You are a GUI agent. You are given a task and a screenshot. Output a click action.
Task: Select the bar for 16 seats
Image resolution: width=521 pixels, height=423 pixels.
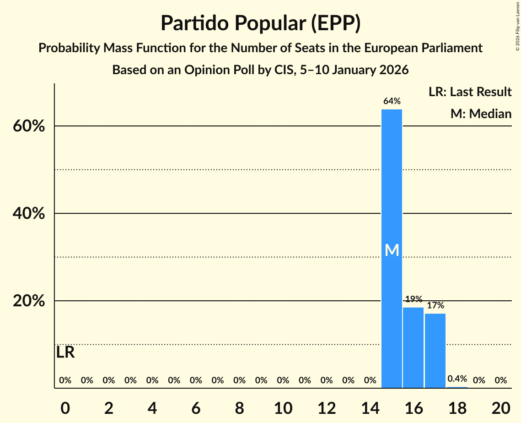pos(413,348)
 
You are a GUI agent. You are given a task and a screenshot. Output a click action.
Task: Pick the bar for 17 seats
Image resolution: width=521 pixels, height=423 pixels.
pos(435,351)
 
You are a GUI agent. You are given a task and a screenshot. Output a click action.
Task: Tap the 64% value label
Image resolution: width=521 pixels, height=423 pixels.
pos(392,101)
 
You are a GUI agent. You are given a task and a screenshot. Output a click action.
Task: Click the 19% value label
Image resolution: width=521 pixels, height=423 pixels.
pos(413,299)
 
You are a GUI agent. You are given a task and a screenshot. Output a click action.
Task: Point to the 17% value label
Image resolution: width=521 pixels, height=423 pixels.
pos(435,305)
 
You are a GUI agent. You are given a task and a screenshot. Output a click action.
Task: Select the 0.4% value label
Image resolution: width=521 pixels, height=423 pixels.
pos(457,379)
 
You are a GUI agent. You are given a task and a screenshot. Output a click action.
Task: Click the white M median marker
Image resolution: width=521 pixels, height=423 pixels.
pos(392,250)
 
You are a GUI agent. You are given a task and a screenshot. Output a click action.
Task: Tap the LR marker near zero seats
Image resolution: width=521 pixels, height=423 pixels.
pos(65,352)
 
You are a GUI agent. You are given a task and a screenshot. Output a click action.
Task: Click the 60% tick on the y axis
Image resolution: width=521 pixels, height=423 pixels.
pos(29,126)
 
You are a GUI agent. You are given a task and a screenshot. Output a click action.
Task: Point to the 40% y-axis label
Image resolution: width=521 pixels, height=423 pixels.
pos(29,214)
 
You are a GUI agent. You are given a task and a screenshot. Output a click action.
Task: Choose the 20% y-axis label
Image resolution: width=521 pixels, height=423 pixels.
pos(29,301)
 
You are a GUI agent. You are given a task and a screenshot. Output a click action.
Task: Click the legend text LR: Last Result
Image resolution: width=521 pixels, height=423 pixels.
pos(470,92)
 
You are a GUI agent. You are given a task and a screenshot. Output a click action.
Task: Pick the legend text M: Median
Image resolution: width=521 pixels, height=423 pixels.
pos(481,114)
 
